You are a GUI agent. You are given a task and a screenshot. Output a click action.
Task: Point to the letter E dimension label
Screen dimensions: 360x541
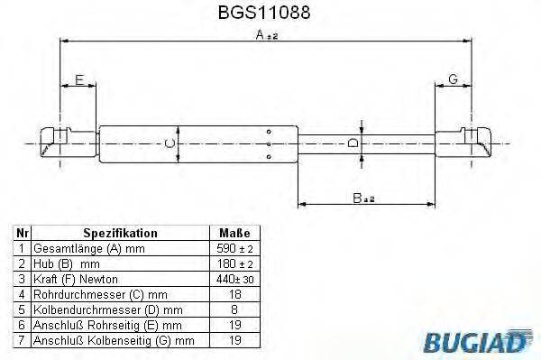(x=78, y=80)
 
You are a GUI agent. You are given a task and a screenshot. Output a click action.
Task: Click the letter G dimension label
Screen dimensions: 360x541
(x=453, y=80)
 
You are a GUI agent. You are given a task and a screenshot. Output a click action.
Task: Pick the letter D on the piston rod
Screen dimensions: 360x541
(x=354, y=143)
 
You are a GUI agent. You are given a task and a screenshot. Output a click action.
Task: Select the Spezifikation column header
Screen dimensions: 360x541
(x=120, y=233)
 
